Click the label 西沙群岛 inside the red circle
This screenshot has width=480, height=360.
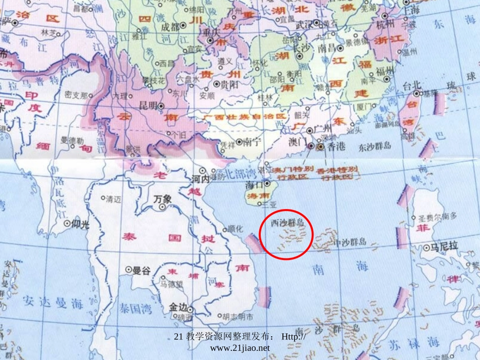pyautogui.click(x=287, y=222)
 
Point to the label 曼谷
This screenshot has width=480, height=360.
pyautogui.click(x=141, y=271)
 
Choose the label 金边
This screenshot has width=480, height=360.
pyautogui.click(x=178, y=307)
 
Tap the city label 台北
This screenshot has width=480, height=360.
pyautogui.click(x=404, y=86)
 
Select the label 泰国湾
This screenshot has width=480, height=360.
pyautogui.click(x=135, y=308)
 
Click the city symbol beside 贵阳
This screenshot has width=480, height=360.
pyautogui.click(x=216, y=84)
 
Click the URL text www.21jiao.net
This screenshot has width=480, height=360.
pyautogui.click(x=239, y=348)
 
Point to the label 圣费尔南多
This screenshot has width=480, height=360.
pyautogui.click(x=438, y=217)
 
